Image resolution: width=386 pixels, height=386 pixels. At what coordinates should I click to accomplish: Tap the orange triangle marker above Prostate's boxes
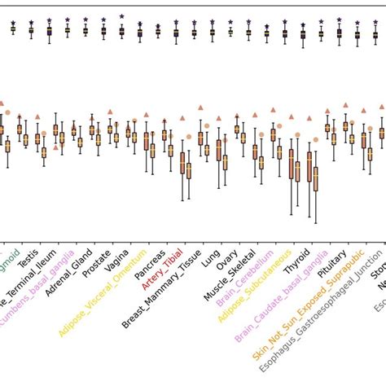coord(110,112)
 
